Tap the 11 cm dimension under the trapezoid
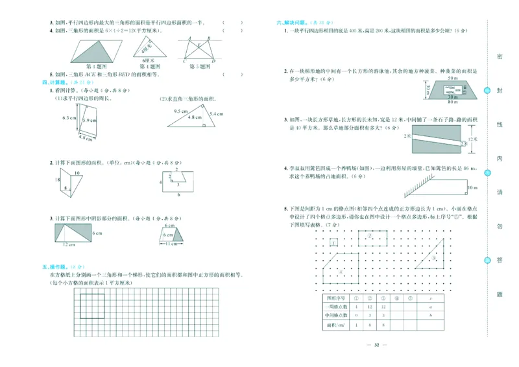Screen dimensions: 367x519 pyautogui.click(x=171, y=244)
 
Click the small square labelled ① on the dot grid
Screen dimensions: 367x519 pyautogui.click(x=333, y=243)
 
